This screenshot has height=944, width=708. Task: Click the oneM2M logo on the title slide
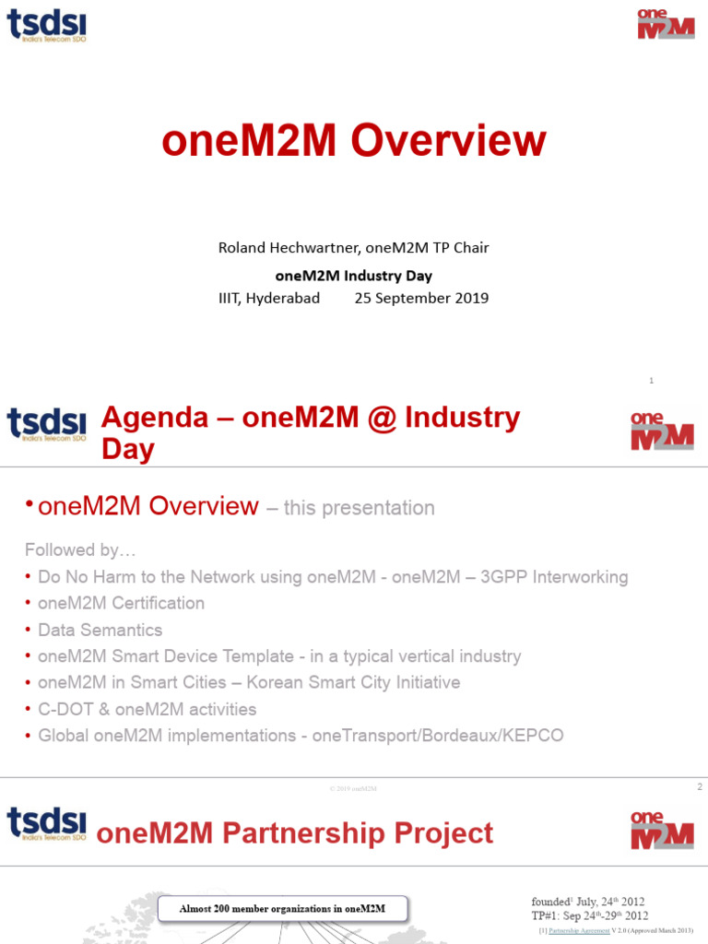[665, 24]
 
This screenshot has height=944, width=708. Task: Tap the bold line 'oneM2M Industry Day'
[354, 275]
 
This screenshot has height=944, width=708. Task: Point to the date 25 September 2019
[421, 298]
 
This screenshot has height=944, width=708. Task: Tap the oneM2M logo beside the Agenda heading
[662, 431]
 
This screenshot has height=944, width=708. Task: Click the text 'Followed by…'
[80, 550]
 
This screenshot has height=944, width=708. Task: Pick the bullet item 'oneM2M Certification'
[121, 604]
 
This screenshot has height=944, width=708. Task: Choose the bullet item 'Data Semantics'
[100, 631]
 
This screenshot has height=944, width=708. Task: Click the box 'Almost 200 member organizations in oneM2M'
[282, 909]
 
